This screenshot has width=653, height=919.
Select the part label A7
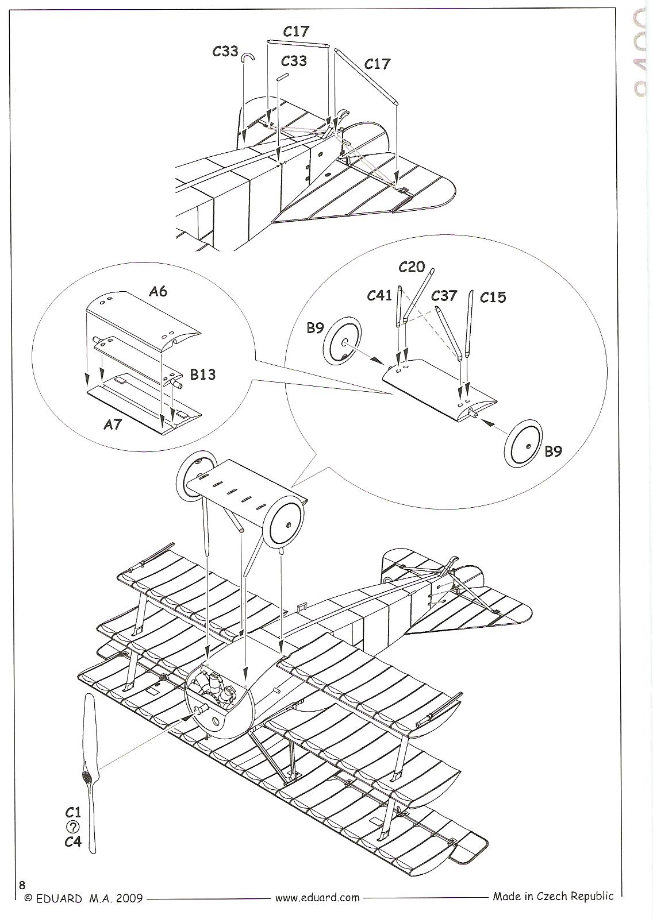click(x=113, y=424)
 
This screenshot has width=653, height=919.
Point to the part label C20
click(x=412, y=267)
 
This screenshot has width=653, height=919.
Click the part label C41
click(x=379, y=296)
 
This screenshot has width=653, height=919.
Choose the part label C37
click(x=444, y=295)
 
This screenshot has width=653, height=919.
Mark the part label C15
click(x=493, y=297)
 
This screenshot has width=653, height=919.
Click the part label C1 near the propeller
click(x=73, y=813)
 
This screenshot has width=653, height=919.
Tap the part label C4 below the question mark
click(x=73, y=842)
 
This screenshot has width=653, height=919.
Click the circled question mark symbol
click(x=73, y=828)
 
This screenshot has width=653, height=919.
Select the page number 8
click(x=22, y=884)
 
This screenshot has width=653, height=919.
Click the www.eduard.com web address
click(x=317, y=897)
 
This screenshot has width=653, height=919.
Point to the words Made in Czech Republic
click(x=553, y=896)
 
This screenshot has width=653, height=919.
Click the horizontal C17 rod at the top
click(x=298, y=44)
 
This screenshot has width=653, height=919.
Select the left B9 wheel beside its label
click(x=343, y=343)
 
